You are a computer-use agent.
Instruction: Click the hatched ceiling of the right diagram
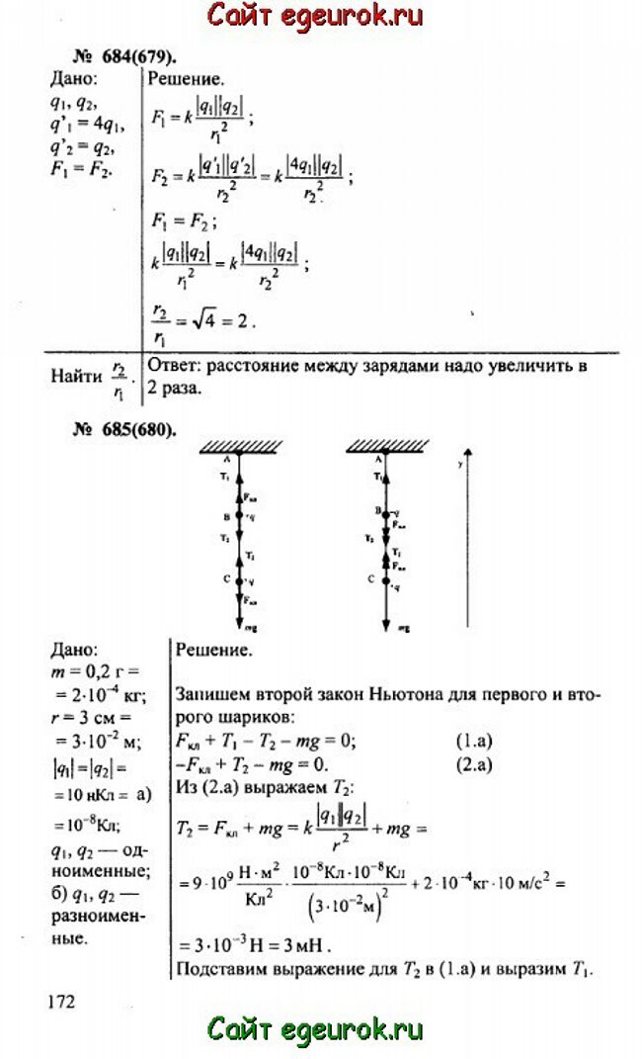384,447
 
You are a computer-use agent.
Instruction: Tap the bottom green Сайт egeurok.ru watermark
315,1029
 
